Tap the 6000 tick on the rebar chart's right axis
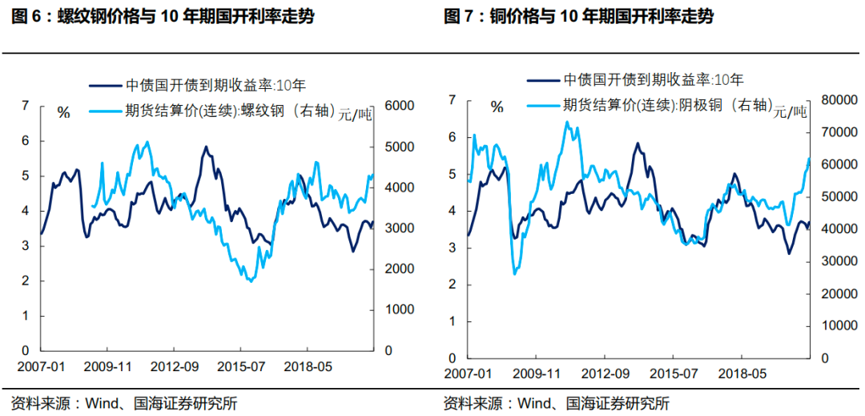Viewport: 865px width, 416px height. click(399, 106)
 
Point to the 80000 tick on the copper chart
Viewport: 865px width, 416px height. click(831, 100)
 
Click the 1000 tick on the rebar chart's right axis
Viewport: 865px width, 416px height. click(399, 309)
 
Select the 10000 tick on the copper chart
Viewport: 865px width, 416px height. click(831, 325)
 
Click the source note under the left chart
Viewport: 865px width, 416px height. click(123, 402)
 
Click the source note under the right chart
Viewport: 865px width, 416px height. click(557, 402)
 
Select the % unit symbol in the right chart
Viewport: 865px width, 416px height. click(497, 107)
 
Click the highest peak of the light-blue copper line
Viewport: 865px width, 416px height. click(566, 122)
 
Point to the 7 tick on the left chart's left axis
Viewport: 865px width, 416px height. click(25, 105)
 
